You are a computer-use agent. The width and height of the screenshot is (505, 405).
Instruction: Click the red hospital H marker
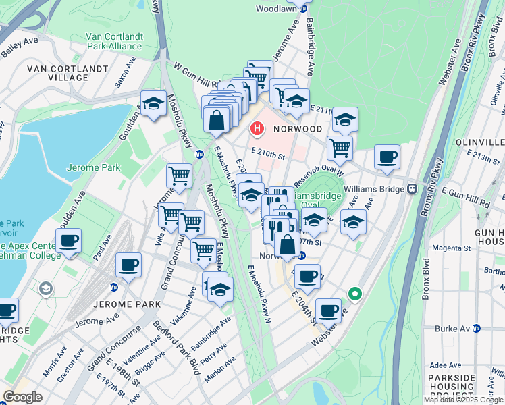click(x=257, y=127)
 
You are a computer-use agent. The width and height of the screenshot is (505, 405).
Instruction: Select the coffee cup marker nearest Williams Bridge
click(x=387, y=157)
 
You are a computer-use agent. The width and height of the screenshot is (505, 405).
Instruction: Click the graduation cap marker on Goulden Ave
click(x=154, y=103)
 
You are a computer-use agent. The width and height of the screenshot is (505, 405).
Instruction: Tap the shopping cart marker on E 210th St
click(x=340, y=146)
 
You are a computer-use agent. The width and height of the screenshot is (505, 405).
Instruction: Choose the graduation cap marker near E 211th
click(x=344, y=119)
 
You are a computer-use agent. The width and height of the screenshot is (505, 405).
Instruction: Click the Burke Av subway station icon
click(x=477, y=329)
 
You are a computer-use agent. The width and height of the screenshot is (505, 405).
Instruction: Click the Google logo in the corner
click(x=23, y=396)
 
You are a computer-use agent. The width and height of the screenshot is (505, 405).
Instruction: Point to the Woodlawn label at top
click(x=277, y=9)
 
